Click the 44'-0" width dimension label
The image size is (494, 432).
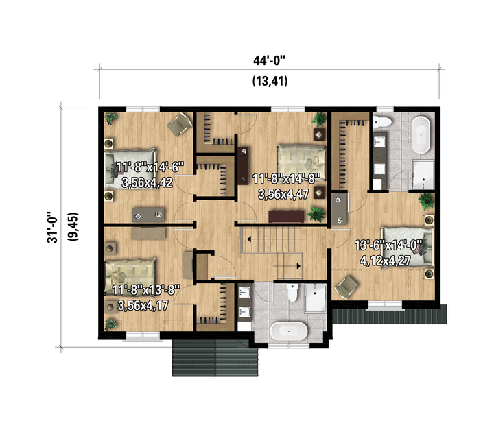(x=270, y=60)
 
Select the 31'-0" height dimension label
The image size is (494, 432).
(x=53, y=226)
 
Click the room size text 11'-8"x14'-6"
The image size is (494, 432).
(x=150, y=167)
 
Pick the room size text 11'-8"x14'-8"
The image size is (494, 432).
(x=286, y=179)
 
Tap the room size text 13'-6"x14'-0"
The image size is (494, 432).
(x=388, y=245)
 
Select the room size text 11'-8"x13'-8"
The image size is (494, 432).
(x=146, y=290)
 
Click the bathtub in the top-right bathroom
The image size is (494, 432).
(x=421, y=135)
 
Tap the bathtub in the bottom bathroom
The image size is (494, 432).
(x=289, y=331)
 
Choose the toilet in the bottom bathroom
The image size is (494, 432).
(x=293, y=293)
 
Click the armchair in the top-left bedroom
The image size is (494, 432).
(x=180, y=124)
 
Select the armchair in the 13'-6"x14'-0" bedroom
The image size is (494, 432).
(x=346, y=287)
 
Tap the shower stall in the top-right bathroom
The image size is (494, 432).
(x=423, y=175)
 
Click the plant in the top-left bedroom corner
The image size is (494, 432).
(x=110, y=119)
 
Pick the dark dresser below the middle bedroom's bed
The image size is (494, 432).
(x=286, y=217)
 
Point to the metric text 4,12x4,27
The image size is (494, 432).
(x=386, y=261)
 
